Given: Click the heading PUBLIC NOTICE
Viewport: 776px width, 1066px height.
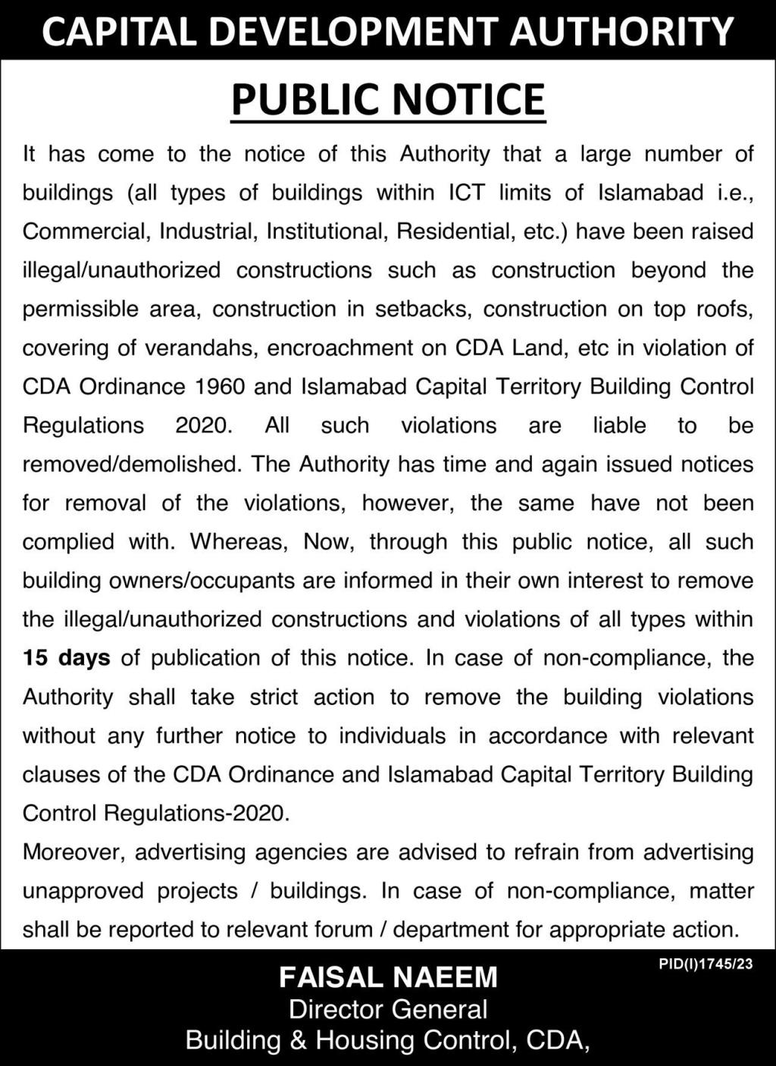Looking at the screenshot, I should coord(388,99).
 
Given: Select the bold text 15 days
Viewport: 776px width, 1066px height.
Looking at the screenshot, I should coord(67,657).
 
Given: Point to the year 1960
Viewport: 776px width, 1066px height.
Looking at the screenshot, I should coord(220,387).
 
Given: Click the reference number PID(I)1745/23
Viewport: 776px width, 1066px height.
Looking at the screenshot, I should coord(706,966).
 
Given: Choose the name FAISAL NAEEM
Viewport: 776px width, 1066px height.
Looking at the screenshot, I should coord(388,977).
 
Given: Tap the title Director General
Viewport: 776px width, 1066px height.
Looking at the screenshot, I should coord(388,1009).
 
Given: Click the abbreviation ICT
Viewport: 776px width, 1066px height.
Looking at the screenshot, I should coord(466,193).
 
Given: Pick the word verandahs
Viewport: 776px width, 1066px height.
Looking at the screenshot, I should coord(200,348).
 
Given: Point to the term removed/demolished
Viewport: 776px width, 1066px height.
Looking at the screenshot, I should coord(130,464).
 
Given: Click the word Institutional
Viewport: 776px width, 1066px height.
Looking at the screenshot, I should coord(325,231).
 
